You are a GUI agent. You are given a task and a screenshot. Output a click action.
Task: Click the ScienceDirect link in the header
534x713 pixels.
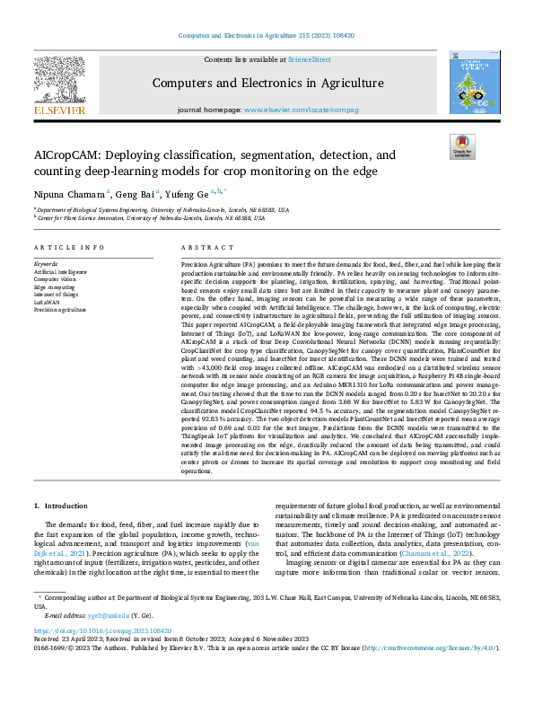pos(308,59)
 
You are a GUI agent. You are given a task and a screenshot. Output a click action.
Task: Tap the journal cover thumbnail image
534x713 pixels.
pos(473,82)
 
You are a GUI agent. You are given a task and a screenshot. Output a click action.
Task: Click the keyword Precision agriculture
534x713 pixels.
pos(61,307)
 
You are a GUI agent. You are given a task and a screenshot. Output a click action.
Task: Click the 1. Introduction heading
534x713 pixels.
pos(64,508)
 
